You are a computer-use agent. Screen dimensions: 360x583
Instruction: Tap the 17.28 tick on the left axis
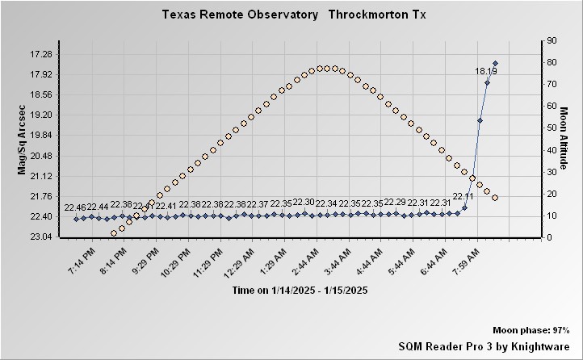pos(40,54)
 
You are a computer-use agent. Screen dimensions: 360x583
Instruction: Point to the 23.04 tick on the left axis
pos(40,237)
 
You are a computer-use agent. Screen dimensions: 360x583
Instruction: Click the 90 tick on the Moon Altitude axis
pos(552,40)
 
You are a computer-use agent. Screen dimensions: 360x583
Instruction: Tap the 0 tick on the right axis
pos(549,237)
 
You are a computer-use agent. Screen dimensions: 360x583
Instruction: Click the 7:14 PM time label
pos(82,263)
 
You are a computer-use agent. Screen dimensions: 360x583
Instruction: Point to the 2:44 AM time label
pos(325,263)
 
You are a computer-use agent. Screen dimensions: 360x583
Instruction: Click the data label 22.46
pos(75,207)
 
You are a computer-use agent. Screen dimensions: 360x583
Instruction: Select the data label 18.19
pos(486,71)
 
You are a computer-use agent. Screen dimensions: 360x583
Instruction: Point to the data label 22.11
pos(463,196)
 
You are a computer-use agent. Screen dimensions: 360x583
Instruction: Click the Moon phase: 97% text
pos(531,331)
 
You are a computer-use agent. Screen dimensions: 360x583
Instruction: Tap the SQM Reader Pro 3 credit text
pos(484,345)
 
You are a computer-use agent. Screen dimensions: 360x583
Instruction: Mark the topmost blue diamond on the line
pos(496,63)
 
